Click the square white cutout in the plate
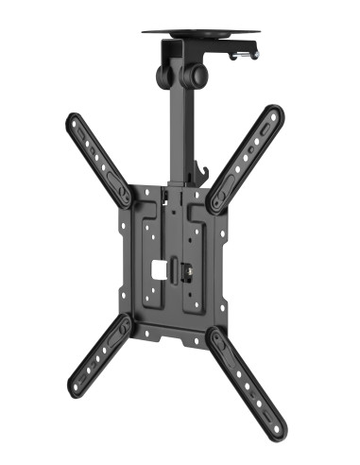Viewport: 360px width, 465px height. point(161,268)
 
